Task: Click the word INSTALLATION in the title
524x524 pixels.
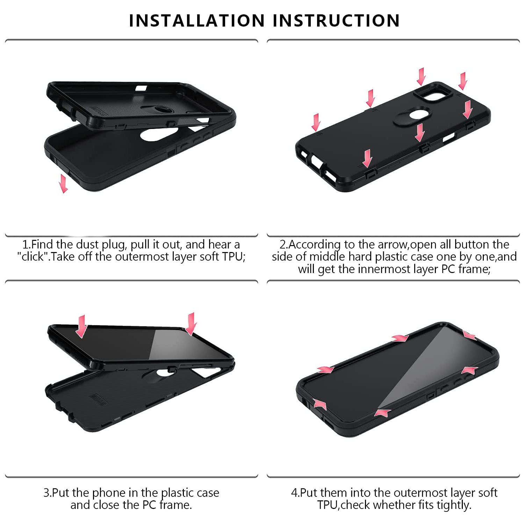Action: click(197, 20)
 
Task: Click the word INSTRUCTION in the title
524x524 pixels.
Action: click(336, 20)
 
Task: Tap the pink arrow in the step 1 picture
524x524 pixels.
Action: click(63, 184)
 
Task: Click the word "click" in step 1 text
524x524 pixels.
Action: click(33, 257)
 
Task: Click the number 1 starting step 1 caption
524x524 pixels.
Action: click(25, 244)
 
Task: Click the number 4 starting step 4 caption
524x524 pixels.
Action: click(294, 493)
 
